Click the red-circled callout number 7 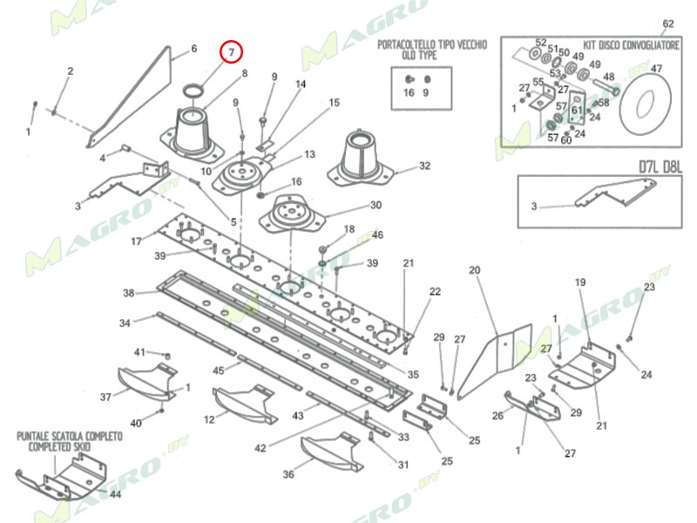click(232, 53)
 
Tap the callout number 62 click(668, 24)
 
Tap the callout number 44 click(115, 494)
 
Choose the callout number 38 click(129, 293)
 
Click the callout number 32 click(424, 166)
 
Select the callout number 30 click(376, 206)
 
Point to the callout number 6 click(193, 49)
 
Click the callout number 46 click(377, 235)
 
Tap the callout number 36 click(288, 475)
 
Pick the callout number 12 click(209, 420)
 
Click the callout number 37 click(105, 397)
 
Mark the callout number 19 click(580, 282)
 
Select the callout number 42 click(260, 448)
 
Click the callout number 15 click(334, 103)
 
